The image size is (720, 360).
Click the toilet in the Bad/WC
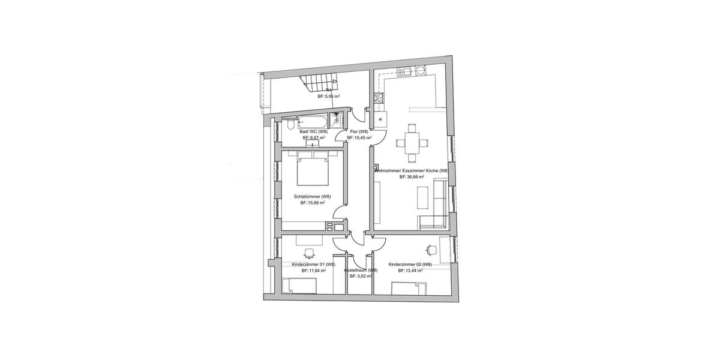289,125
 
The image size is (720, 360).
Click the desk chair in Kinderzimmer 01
310,253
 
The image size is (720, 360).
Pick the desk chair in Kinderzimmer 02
431,248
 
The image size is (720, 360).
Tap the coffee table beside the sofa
423,197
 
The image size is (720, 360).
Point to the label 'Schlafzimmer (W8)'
313,196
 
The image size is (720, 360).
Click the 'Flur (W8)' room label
359,131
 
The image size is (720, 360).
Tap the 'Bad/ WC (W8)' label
314,131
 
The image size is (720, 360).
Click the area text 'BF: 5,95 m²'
329,96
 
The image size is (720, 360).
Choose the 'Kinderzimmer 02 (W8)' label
410,265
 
